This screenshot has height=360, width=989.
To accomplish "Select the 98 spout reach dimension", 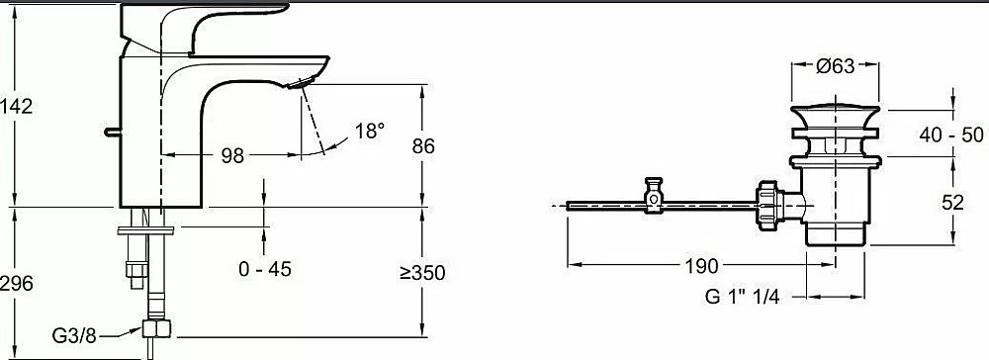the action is pos(232,155).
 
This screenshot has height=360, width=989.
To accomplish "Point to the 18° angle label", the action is pos(369,132).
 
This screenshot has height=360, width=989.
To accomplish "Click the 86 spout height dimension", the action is pos(423,146).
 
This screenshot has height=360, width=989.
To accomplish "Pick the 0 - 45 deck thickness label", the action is pos(265,269).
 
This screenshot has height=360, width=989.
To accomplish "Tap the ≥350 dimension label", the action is pos(422,273).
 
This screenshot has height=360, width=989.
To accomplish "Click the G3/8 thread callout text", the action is pos(74,336).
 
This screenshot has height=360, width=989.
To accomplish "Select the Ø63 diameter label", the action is pos(835,66).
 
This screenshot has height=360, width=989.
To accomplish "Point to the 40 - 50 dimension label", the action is pos(951,135).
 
